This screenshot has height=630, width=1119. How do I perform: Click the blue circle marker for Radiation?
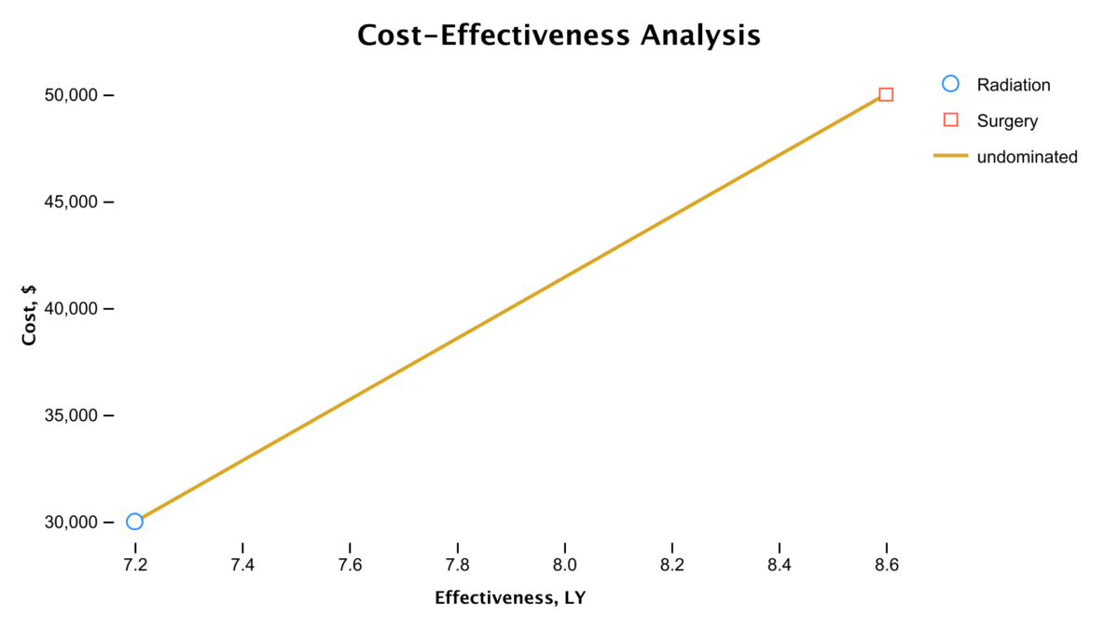pos(135,522)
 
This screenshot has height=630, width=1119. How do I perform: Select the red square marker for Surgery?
pos(886,94)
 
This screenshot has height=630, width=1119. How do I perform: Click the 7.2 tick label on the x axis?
pos(135,565)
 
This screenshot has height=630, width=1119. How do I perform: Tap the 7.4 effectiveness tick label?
pos(242,565)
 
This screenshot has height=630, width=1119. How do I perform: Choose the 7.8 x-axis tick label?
pos(457,565)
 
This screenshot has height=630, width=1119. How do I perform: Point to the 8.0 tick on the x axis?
pos(564,565)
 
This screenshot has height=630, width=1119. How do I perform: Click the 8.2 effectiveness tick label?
pos(671,565)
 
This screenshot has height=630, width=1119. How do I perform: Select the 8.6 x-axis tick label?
pos(886,565)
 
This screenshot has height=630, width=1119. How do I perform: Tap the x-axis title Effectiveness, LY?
pos(510,598)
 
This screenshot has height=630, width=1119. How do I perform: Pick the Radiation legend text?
pos(1014,85)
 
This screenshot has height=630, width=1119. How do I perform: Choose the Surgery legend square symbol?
pos(950,120)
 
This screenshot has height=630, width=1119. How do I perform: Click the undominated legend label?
pos(1027,157)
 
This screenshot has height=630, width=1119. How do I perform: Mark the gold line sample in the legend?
pos(950,157)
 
